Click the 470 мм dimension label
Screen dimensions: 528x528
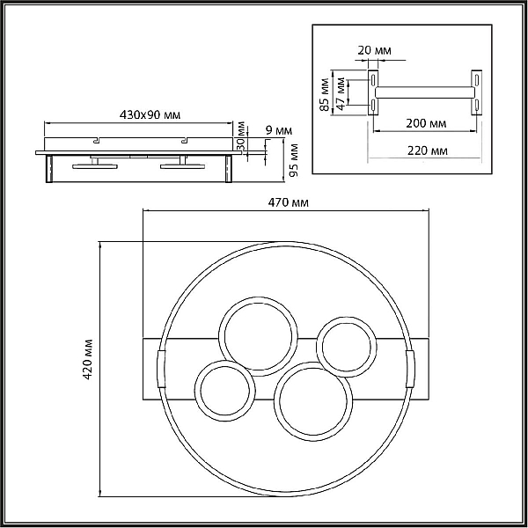point(288,202)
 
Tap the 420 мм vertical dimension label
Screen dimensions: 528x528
point(88,359)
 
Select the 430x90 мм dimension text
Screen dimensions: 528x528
point(150,114)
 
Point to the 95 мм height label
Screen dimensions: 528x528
point(294,160)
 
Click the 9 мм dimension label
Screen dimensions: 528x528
point(279,130)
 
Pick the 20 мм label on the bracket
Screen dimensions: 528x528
point(374,50)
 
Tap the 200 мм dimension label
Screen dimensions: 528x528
point(426,123)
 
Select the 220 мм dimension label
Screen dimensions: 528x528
point(428,150)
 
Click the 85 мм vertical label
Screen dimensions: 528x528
point(324,95)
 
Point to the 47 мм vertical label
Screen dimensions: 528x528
point(341,93)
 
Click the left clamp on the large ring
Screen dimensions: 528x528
point(162,369)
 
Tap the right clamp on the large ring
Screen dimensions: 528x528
point(410,369)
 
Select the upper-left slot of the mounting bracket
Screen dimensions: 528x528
point(373,80)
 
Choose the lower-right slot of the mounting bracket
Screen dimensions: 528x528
point(476,105)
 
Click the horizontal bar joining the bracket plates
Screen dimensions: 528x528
point(425,92)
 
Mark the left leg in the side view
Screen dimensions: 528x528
point(49,169)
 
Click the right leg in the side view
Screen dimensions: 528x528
point(229,169)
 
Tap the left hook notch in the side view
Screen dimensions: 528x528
point(97,140)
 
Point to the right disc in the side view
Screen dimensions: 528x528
point(182,166)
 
